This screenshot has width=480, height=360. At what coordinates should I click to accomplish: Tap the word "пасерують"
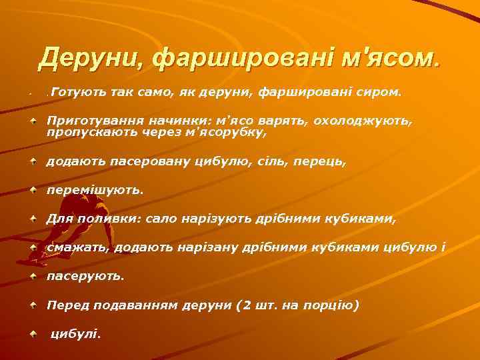tap(85, 276)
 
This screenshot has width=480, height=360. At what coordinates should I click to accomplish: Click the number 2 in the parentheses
tap(247, 305)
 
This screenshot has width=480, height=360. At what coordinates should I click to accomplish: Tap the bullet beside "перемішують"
tap(33, 189)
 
